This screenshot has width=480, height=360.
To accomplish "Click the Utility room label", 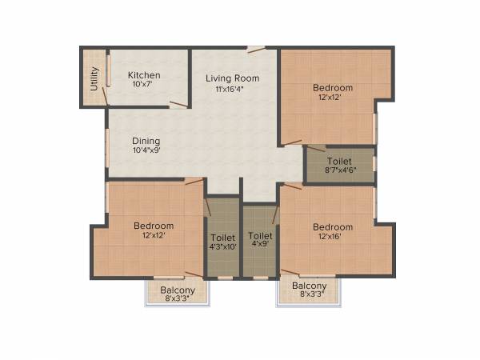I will click(94, 77).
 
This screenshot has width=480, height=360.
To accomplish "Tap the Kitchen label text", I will click(144, 75).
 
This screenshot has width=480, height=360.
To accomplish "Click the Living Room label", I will click(233, 78).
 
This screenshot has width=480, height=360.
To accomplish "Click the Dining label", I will click(146, 140).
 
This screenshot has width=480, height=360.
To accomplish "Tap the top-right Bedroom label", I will click(333, 87).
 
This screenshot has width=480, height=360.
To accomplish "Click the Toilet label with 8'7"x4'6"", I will click(340, 161).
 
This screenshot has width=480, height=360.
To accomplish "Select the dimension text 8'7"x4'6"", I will click(340, 171).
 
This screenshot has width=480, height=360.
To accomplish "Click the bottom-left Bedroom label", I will click(154, 226).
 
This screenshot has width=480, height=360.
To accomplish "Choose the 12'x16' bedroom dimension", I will click(333, 237).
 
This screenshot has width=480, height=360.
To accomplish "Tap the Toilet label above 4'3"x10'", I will click(222, 238).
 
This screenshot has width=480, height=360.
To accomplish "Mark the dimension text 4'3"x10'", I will click(222, 248).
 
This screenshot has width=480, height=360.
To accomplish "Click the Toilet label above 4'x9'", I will click(260, 236).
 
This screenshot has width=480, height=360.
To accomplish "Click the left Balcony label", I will click(176, 290).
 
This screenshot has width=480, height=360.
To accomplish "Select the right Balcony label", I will click(309, 286).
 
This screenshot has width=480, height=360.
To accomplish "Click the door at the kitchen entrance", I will click(178, 103).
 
